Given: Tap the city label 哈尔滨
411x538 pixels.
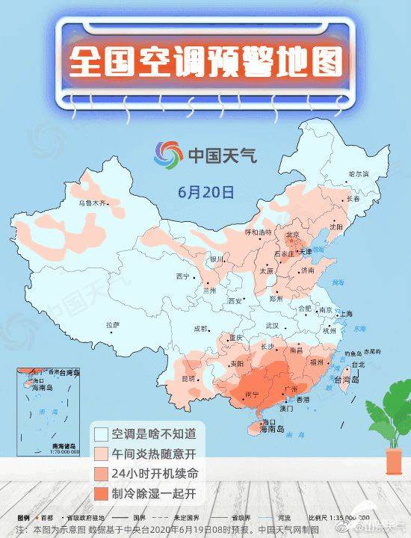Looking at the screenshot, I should pos(359,173).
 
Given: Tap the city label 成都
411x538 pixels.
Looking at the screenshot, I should pos(200,328).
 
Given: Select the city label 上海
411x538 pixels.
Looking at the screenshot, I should pos(346,315).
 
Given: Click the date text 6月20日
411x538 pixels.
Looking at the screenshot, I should pos(206,192).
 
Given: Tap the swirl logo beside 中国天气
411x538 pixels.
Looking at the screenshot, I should pos(168,156).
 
